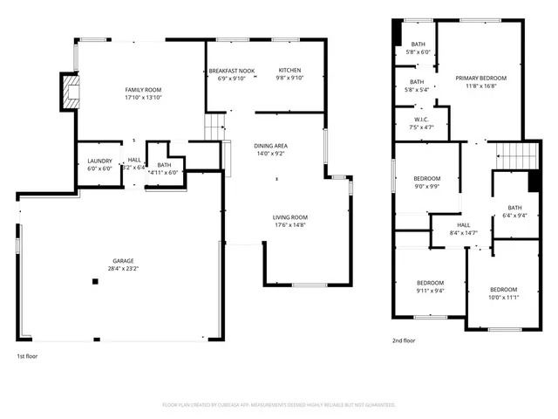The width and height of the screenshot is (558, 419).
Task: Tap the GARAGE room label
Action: coord(123,261)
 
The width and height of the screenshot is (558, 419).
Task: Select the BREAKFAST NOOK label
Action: coord(231,71)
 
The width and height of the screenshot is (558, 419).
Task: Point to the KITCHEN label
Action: coord(289,71)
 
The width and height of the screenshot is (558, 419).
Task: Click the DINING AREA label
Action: coord(270,146)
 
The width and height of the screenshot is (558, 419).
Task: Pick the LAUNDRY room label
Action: coord(98,161)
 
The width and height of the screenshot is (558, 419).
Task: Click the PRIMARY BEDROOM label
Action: coord(480,79)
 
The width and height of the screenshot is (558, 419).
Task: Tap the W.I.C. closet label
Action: coord(420,120)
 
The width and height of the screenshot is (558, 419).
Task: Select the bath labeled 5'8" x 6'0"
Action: coord(418,45)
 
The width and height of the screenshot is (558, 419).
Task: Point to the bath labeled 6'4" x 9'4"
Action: coord(514,208)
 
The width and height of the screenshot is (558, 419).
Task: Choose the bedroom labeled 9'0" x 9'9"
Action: coord(427,178)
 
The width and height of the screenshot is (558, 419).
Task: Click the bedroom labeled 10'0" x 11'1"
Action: coord(503,290)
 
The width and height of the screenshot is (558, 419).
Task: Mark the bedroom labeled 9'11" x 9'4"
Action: coord(430,283)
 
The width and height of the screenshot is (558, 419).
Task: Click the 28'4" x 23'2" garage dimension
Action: coord(123,269)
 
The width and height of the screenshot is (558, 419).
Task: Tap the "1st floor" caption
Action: coord(27,356)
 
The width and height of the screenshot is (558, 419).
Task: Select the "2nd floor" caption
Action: coord(404,340)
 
